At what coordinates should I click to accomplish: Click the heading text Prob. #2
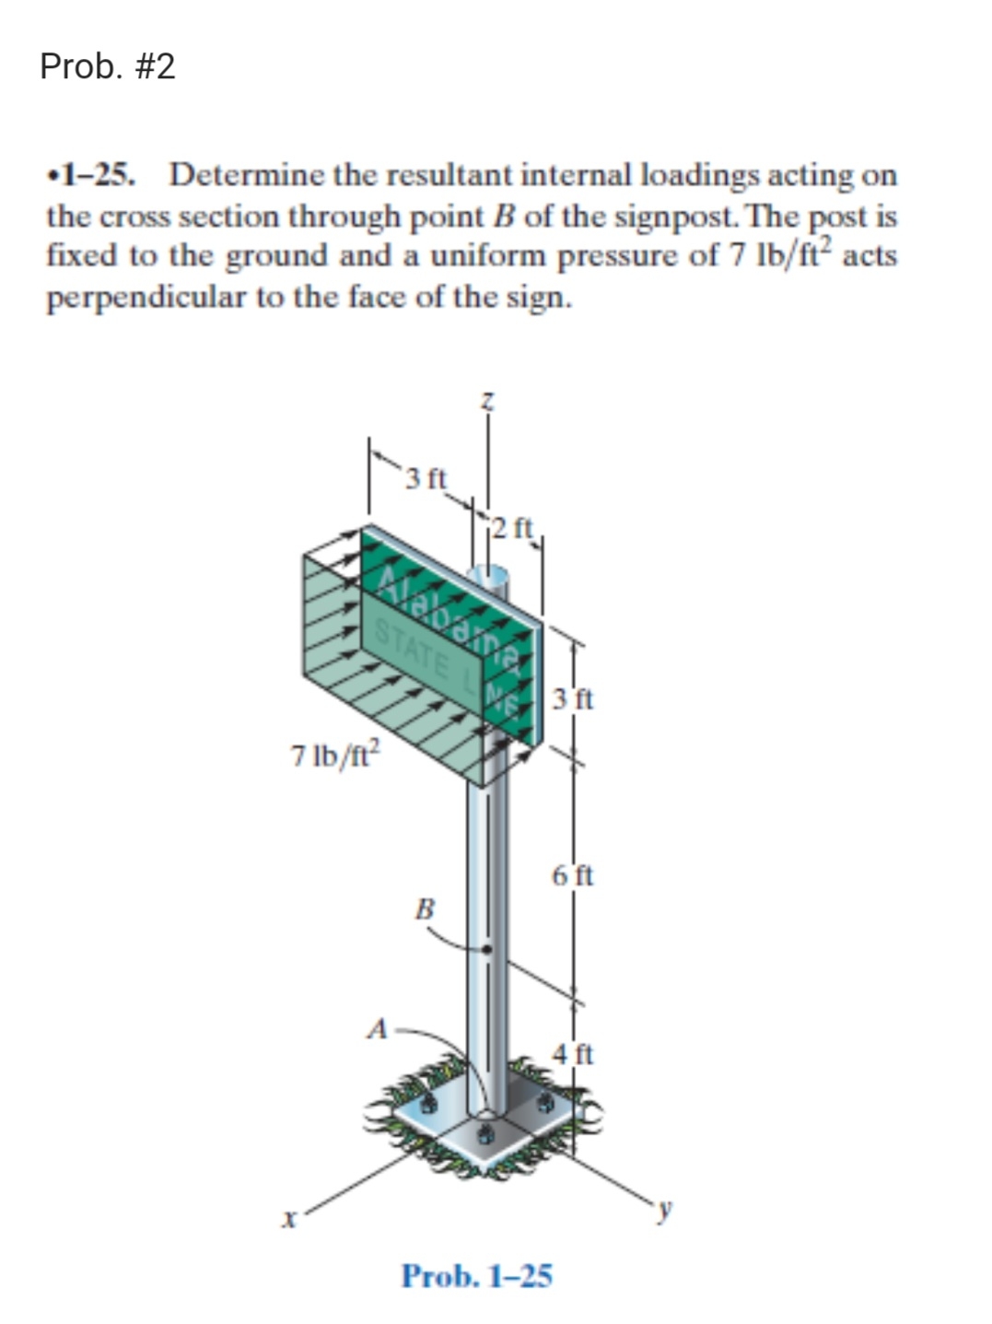[x=108, y=67]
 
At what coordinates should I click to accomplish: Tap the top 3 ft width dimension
[x=426, y=478]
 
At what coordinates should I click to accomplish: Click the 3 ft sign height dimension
[x=575, y=698]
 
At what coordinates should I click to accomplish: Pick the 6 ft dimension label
[x=573, y=874]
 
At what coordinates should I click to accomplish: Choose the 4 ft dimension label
[x=574, y=1052]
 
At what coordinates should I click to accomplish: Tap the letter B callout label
[x=425, y=908]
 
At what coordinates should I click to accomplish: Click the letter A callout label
[x=376, y=1028]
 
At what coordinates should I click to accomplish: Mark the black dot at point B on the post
[x=488, y=949]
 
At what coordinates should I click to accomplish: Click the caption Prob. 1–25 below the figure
[x=476, y=1276]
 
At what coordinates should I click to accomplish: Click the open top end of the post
[x=487, y=576]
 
